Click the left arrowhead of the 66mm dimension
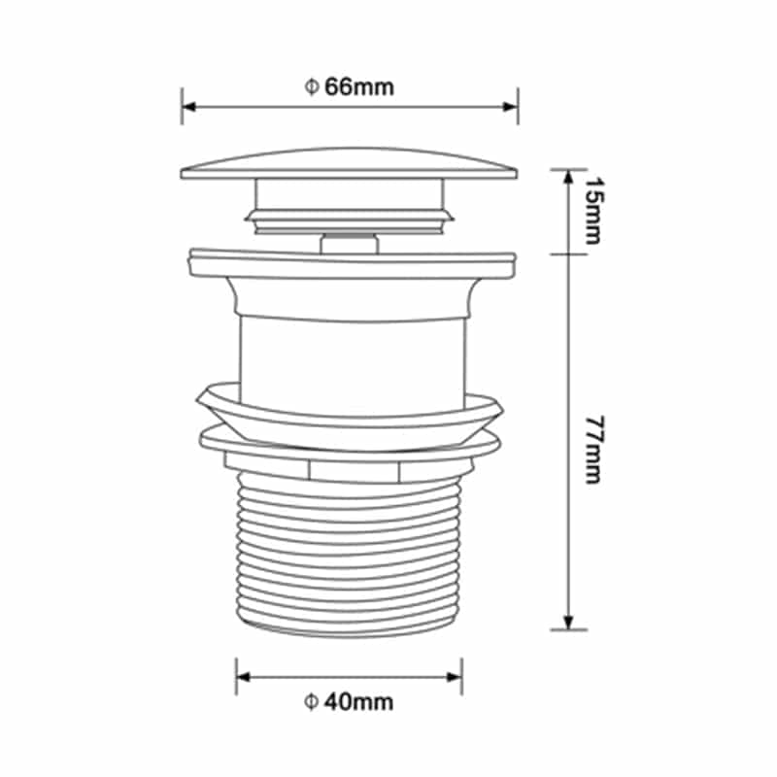pos(187,107)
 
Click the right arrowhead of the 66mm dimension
pos(511,107)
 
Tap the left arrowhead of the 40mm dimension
pos(243,676)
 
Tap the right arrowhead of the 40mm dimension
pos(455,676)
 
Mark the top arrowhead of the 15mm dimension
pos(569,176)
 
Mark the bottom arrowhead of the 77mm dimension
pos(569,622)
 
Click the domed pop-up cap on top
pos(350,162)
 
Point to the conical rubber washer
pos(350,413)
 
